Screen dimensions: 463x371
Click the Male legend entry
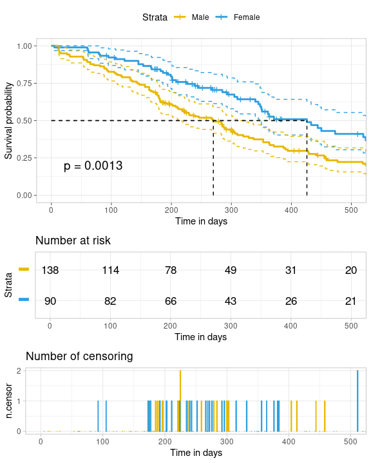point(199,17)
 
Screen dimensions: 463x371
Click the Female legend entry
point(247,17)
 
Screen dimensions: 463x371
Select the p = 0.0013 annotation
point(93,166)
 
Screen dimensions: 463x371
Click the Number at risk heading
point(73,241)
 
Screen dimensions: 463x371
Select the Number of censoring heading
point(79,356)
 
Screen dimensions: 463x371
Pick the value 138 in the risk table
point(50,270)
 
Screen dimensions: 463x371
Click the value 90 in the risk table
point(50,300)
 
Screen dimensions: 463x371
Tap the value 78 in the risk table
point(171,270)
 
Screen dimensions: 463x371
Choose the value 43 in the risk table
point(231,300)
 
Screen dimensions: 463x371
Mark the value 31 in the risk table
point(290,270)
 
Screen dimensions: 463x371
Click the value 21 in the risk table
point(351,300)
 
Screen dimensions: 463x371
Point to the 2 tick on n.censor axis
point(19,371)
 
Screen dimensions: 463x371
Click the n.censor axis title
point(8,401)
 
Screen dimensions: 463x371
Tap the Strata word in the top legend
point(155,17)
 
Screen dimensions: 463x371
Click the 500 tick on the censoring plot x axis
point(350,441)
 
